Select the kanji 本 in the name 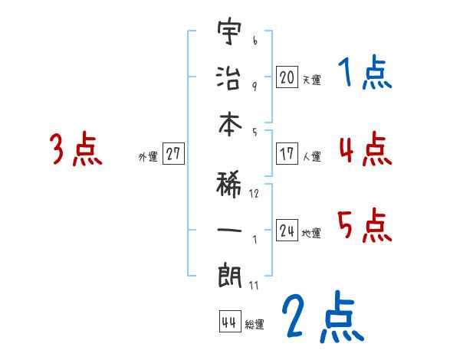(x=229, y=127)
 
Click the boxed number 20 (x=286, y=77)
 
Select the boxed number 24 (x=286, y=231)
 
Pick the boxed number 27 (x=173, y=154)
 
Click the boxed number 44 (x=228, y=322)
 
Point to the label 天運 (x=311, y=80)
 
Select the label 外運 (x=148, y=157)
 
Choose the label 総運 (x=255, y=325)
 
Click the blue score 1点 (x=364, y=74)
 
